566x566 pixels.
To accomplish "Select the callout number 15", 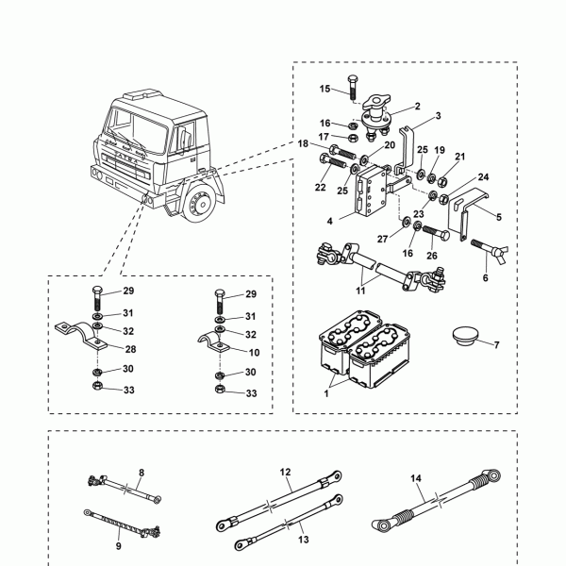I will pyautogui.click(x=324, y=89).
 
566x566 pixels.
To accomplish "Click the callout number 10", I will pyautogui.click(x=255, y=352).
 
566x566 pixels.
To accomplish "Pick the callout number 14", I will pyautogui.click(x=416, y=478).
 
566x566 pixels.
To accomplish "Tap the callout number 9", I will pyautogui.click(x=118, y=546).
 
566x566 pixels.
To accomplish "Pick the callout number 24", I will pyautogui.click(x=483, y=176).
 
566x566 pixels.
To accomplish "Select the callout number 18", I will pyautogui.click(x=304, y=143).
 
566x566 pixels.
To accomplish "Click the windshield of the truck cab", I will pyautogui.click(x=138, y=126).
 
